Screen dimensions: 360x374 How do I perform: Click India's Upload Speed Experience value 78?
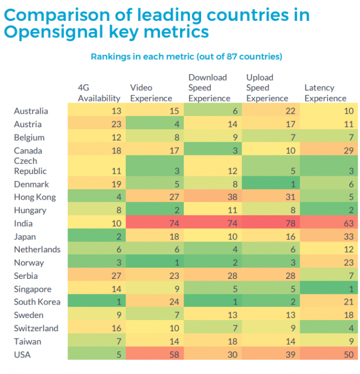tap(290, 223)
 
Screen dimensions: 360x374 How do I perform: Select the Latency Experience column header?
tap(325, 93)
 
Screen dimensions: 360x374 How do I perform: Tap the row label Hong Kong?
tap(35, 197)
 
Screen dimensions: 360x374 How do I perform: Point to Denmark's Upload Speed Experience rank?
tap(293, 184)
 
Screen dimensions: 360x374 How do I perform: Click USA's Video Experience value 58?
tap(174, 355)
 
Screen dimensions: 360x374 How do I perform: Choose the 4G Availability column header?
tap(99, 93)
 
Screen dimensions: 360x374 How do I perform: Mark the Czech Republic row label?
tap(30, 166)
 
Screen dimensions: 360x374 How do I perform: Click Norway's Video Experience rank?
tap(177, 263)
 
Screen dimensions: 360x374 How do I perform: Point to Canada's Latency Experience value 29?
tap(349, 151)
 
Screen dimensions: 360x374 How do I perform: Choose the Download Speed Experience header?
tap(209, 88)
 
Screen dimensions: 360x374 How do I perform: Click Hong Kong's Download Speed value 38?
tap(233, 197)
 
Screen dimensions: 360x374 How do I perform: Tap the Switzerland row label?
tap(36, 329)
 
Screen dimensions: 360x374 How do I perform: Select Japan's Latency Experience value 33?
tap(349, 237)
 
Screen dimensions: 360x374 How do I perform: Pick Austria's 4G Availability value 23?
tap(117, 124)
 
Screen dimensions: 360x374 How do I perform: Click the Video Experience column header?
tap(151, 93)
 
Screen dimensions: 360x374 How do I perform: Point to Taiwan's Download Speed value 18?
tap(233, 341)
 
